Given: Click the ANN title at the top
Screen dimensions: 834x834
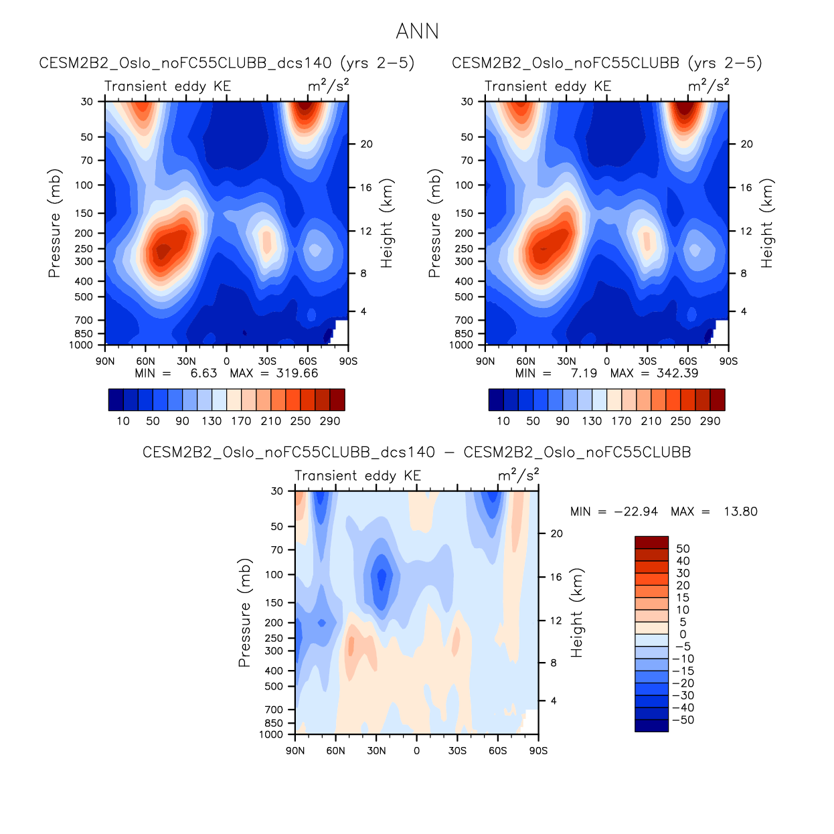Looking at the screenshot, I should click(x=417, y=31).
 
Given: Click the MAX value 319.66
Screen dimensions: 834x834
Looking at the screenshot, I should click(x=297, y=373).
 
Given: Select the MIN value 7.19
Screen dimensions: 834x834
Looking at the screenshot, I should click(x=584, y=373).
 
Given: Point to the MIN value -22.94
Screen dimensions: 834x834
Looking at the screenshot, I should click(x=636, y=512).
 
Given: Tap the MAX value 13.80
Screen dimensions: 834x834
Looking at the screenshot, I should click(x=740, y=512).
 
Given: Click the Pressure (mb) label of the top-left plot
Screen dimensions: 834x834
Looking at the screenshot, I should click(x=54, y=223).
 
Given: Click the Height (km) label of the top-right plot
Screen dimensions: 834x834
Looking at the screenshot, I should click(x=766, y=223).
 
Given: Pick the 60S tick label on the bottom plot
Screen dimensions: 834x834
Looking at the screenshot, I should click(x=497, y=751).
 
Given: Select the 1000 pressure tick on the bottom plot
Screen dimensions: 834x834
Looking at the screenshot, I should click(x=271, y=735).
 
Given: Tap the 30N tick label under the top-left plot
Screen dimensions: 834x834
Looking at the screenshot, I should click(x=186, y=361).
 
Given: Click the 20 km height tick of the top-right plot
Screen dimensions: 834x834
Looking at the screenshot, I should click(x=746, y=145).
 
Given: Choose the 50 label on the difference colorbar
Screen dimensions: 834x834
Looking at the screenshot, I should click(x=683, y=549).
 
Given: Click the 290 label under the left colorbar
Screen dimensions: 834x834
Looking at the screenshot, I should click(x=330, y=422).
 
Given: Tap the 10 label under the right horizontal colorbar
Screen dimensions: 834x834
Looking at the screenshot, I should click(x=503, y=422).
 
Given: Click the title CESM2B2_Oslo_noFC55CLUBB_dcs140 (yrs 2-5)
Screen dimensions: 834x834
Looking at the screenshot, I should click(x=227, y=63).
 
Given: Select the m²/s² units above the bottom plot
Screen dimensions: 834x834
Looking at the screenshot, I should click(x=518, y=475).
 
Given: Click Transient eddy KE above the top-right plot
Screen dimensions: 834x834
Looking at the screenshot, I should click(x=548, y=86).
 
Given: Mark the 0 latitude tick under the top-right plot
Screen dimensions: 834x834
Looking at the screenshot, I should click(x=607, y=361).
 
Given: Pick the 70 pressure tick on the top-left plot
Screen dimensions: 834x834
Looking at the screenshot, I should click(x=87, y=161).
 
